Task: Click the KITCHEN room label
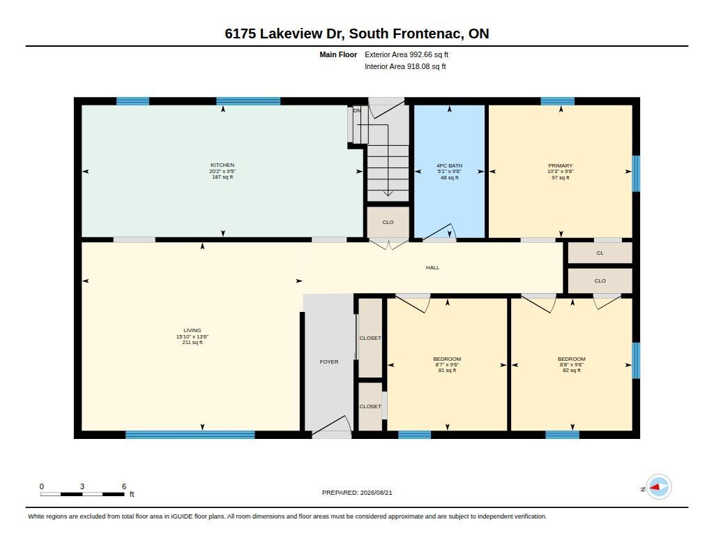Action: (x=222, y=165)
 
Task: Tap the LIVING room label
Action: (x=192, y=331)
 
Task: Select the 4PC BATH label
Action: (x=450, y=166)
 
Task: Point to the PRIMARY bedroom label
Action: (x=561, y=165)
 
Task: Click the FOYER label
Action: (x=329, y=362)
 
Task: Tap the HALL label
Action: (x=432, y=267)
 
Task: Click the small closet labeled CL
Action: (x=600, y=253)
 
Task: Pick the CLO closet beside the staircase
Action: (x=388, y=223)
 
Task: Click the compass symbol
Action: (x=658, y=487)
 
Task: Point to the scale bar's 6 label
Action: (x=124, y=486)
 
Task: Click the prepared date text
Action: (x=357, y=493)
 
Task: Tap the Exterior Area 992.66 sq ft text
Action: (x=407, y=54)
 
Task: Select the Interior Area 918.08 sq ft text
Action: (x=405, y=66)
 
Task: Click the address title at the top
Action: (x=357, y=33)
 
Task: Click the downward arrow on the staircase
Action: (x=388, y=161)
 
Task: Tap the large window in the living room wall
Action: (x=190, y=435)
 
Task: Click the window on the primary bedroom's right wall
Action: (x=636, y=174)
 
